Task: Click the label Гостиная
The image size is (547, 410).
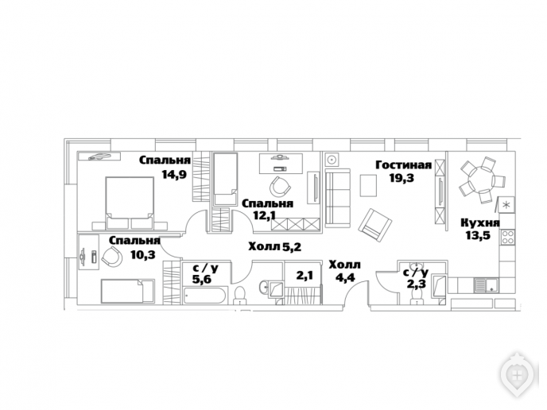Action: pyautogui.click(x=404, y=164)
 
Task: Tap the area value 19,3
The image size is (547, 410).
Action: pyautogui.click(x=402, y=178)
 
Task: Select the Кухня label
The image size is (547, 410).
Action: pyautogui.click(x=480, y=222)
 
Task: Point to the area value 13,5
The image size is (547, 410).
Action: pyautogui.click(x=478, y=235)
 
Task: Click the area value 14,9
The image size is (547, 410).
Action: pyautogui.click(x=174, y=174)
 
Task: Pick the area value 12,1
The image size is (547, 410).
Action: pyautogui.click(x=265, y=215)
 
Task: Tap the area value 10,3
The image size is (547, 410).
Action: pyautogui.click(x=142, y=255)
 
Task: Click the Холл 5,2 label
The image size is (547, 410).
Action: pyautogui.click(x=274, y=247)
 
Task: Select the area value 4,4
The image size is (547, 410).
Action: pyautogui.click(x=345, y=278)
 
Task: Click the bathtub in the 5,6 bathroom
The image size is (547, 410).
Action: pyautogui.click(x=205, y=296)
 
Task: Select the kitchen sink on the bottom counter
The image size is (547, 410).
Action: pyautogui.click(x=487, y=284)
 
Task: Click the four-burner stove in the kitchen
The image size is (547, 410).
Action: pyautogui.click(x=507, y=237)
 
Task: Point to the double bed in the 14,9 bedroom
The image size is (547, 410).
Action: pyautogui.click(x=130, y=203)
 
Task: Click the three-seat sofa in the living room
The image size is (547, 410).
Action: pyautogui.click(x=338, y=198)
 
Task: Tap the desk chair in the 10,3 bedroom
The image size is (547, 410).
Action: pyautogui.click(x=112, y=257)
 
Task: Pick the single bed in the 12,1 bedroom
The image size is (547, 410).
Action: pyautogui.click(x=225, y=180)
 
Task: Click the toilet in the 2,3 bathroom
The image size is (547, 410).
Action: pyautogui.click(x=417, y=297)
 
